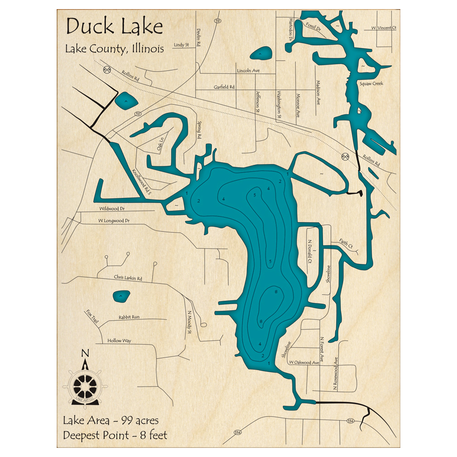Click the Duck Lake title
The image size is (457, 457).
click(x=114, y=27)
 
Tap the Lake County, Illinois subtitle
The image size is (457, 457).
click(x=114, y=49)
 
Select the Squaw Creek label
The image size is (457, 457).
click(x=371, y=84)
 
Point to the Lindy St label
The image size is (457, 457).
click(x=181, y=45)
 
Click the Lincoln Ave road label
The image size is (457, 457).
click(x=248, y=71)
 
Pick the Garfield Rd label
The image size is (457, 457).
click(x=224, y=87)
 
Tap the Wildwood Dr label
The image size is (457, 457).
click(x=112, y=208)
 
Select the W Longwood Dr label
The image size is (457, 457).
click(x=114, y=221)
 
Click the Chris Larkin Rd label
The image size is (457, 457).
click(x=128, y=278)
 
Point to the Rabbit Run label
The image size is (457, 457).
click(x=129, y=317)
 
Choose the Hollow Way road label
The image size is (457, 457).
click(x=119, y=341)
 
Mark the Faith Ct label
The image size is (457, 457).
click(x=346, y=244)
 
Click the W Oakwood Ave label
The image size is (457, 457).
click(x=303, y=362)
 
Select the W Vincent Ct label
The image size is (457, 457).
click(x=384, y=28)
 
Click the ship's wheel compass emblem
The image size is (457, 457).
click(x=85, y=386)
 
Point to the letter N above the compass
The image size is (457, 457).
click(x=85, y=353)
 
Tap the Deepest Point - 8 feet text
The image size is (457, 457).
click(x=115, y=435)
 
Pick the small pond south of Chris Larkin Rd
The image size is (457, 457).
click(x=121, y=296)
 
